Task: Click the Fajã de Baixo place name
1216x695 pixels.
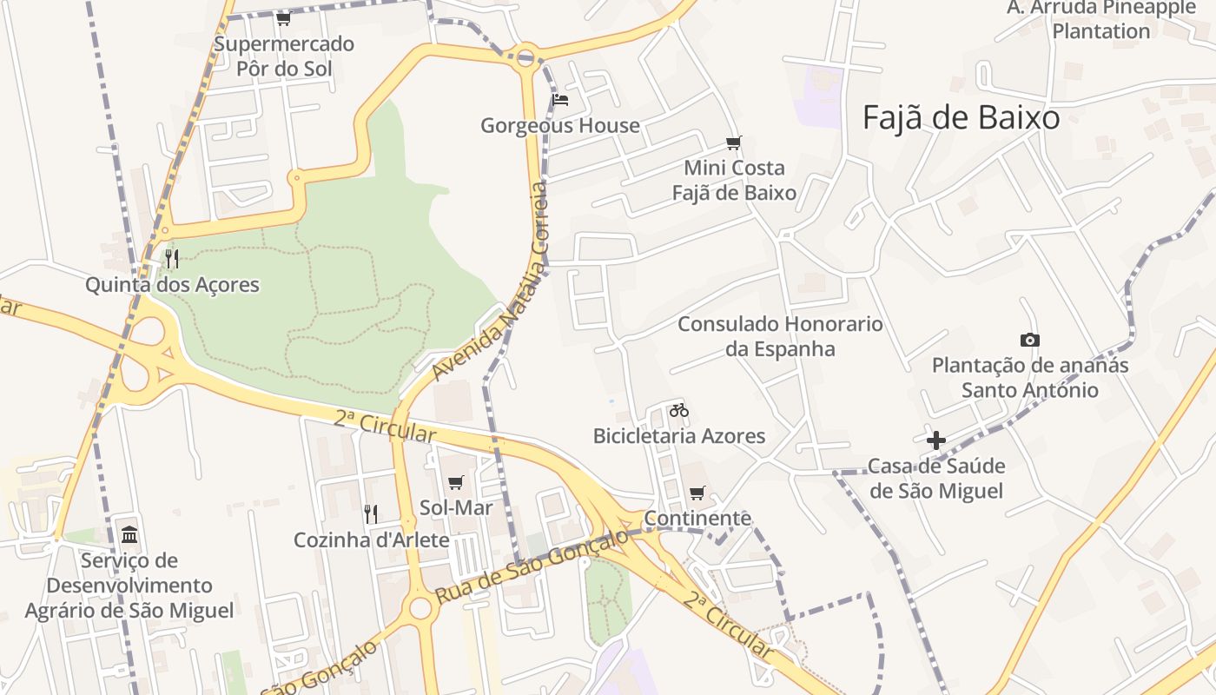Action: click(961, 118)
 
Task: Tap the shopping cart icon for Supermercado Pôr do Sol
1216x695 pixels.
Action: click(283, 18)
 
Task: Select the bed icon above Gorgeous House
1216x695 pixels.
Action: click(560, 100)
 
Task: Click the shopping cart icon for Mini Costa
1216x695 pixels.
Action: click(734, 142)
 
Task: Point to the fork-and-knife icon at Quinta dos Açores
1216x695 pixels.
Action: click(172, 258)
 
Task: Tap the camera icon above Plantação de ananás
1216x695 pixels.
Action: click(1029, 341)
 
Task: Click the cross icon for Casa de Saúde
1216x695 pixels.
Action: click(935, 440)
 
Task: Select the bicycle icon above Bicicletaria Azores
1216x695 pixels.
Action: click(679, 410)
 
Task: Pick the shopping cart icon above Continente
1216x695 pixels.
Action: click(697, 493)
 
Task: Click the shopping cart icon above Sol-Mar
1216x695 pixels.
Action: click(455, 482)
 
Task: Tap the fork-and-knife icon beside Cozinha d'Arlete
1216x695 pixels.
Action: click(371, 513)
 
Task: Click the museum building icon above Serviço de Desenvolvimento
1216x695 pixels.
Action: click(129, 533)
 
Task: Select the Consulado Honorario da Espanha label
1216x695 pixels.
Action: click(780, 336)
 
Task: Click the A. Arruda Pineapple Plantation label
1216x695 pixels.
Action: click(1101, 19)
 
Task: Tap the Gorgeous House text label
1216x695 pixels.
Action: click(560, 126)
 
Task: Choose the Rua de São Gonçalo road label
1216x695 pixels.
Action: click(532, 569)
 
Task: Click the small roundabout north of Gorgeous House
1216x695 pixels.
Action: click(525, 58)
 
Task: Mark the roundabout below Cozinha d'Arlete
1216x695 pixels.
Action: click(421, 607)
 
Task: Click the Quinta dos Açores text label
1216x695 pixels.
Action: click(172, 284)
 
